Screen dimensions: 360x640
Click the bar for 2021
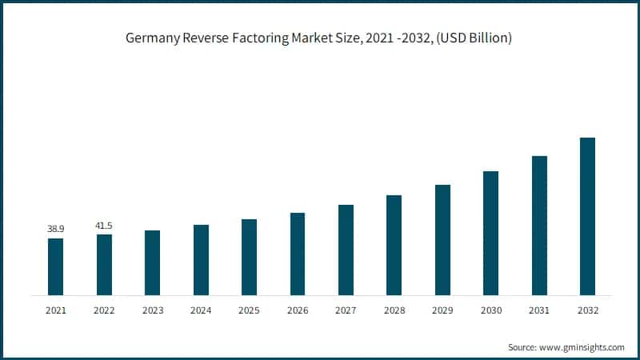click(55, 266)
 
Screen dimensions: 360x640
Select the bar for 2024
click(201, 259)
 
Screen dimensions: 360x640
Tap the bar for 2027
click(346, 250)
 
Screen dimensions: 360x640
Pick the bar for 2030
click(490, 233)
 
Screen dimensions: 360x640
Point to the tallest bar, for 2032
click(587, 216)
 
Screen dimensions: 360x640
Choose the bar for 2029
click(442, 239)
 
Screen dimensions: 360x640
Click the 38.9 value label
click(55, 230)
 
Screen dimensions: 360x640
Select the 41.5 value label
click(103, 226)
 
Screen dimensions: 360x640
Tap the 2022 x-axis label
click(103, 310)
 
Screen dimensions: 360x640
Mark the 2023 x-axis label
click(152, 310)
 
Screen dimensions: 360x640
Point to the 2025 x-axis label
click(249, 310)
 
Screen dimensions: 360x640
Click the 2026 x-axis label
click(297, 310)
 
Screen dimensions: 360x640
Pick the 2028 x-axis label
click(394, 310)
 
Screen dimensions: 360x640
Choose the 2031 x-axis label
click(538, 310)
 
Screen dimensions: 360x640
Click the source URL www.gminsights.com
click(585, 347)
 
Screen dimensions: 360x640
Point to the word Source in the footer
click(524, 347)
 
